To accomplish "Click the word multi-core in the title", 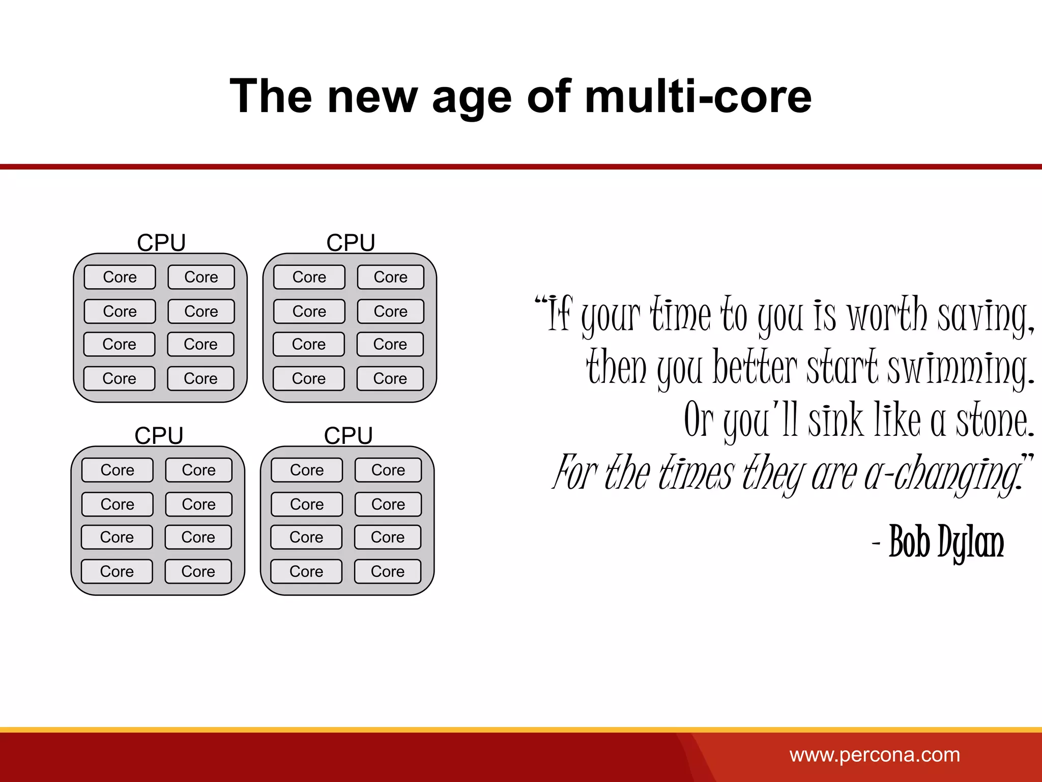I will (698, 97).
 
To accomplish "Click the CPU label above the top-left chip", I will (161, 242).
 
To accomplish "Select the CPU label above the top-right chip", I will (351, 242).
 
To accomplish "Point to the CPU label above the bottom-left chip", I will (159, 435).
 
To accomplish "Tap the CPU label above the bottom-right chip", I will (349, 435).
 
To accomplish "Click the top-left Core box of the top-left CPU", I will (120, 277).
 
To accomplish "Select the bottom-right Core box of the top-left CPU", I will (200, 378).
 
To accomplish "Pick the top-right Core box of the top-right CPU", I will (390, 277).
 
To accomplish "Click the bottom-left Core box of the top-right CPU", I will (308, 378).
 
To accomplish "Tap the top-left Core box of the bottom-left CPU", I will (117, 470).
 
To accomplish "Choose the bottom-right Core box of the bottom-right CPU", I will (387, 571).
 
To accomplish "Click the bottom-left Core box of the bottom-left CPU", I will (117, 571).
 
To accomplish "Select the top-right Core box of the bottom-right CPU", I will (388, 470).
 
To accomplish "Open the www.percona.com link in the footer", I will (875, 755).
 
